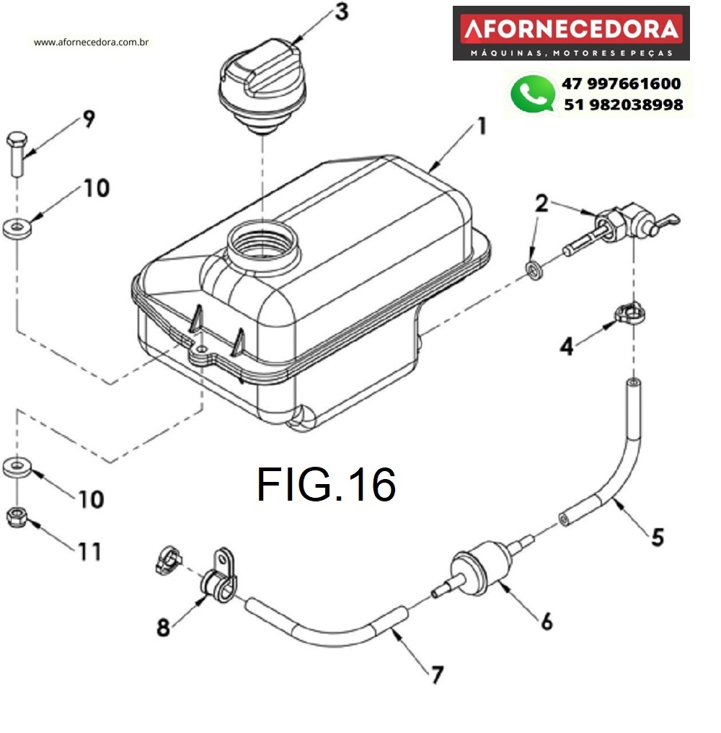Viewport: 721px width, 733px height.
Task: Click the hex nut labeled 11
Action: click(16, 517)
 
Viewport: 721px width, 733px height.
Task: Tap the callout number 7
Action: click(436, 674)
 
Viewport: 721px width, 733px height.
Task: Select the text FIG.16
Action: click(326, 484)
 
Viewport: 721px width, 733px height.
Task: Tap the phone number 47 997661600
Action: click(621, 84)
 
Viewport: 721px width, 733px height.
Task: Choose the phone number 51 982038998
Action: click(623, 105)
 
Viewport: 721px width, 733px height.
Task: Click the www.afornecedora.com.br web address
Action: click(92, 42)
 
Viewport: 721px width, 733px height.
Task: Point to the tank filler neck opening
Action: click(262, 241)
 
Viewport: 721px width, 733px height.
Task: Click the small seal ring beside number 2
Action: click(532, 271)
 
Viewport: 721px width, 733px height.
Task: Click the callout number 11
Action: click(90, 552)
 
